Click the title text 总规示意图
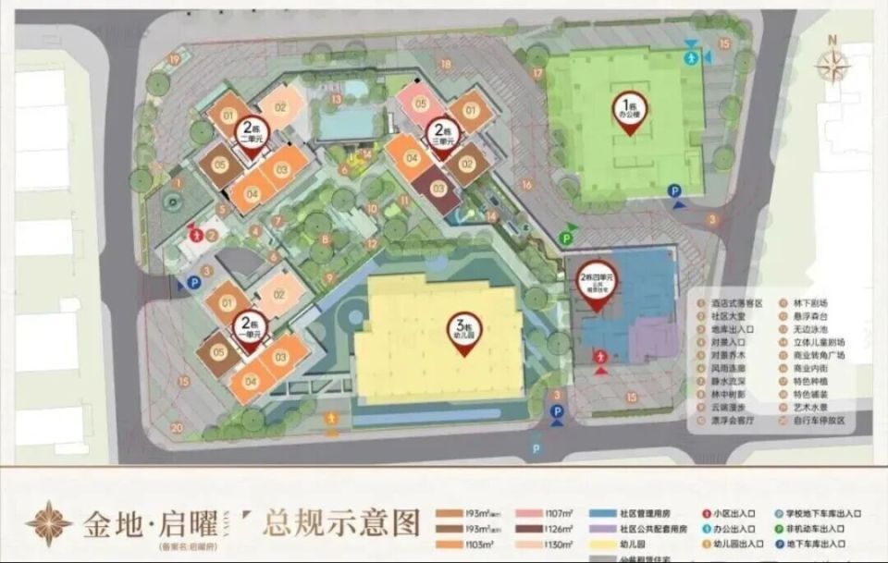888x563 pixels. coord(341,523)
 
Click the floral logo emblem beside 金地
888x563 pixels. coord(48,523)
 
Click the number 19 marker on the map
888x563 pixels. coord(173,59)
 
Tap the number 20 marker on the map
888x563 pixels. coord(176,427)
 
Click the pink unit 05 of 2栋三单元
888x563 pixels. coord(421,103)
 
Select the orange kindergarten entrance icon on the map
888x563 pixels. coord(330,418)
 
